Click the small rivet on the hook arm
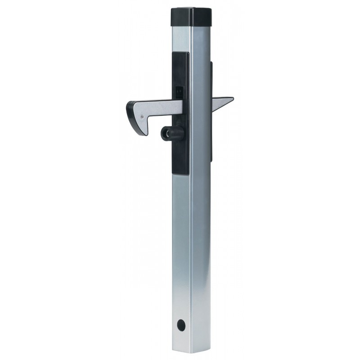point(142,116)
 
